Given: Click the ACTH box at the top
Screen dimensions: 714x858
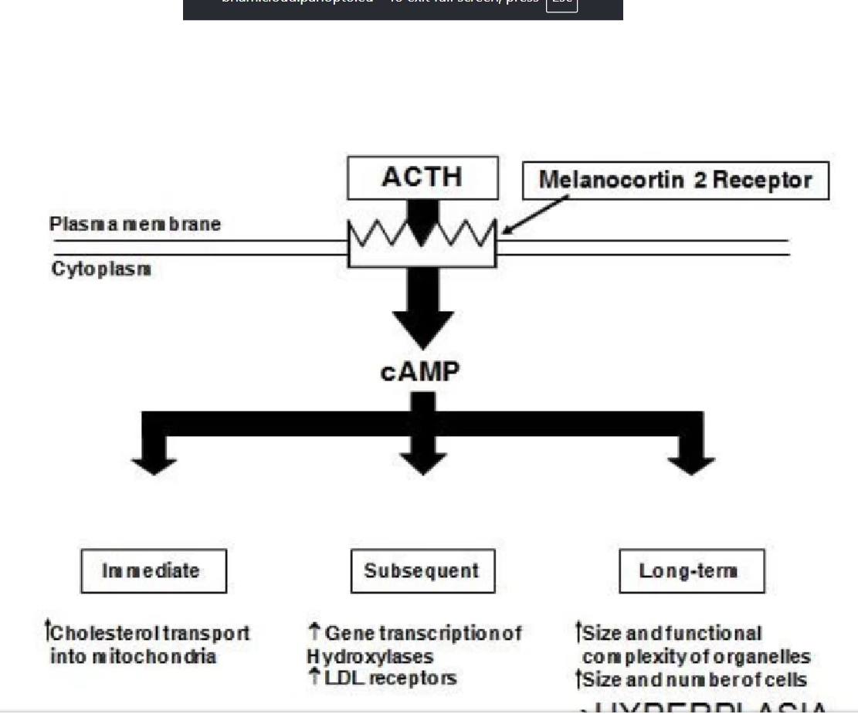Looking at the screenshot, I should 422,178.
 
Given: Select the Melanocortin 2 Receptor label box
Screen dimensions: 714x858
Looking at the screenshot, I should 675,181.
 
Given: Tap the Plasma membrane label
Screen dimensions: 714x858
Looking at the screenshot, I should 135,224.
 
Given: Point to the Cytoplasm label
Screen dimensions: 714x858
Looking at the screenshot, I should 101,269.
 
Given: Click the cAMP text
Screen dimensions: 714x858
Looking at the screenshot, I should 420,372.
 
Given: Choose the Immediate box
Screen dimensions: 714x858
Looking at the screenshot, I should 153,571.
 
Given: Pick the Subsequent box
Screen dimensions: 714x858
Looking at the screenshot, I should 422,571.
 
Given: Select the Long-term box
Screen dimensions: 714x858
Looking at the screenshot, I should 691,571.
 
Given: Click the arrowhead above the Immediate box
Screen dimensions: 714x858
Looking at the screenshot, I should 154,464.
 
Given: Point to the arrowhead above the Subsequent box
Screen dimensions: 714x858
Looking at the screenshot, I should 423,464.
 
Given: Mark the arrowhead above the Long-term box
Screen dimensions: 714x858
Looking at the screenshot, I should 691,464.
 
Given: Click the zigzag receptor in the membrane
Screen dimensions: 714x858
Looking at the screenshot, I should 422,235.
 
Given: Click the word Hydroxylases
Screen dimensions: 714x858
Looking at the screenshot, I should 370,657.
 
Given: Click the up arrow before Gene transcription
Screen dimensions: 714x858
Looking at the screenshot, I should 314,632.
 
